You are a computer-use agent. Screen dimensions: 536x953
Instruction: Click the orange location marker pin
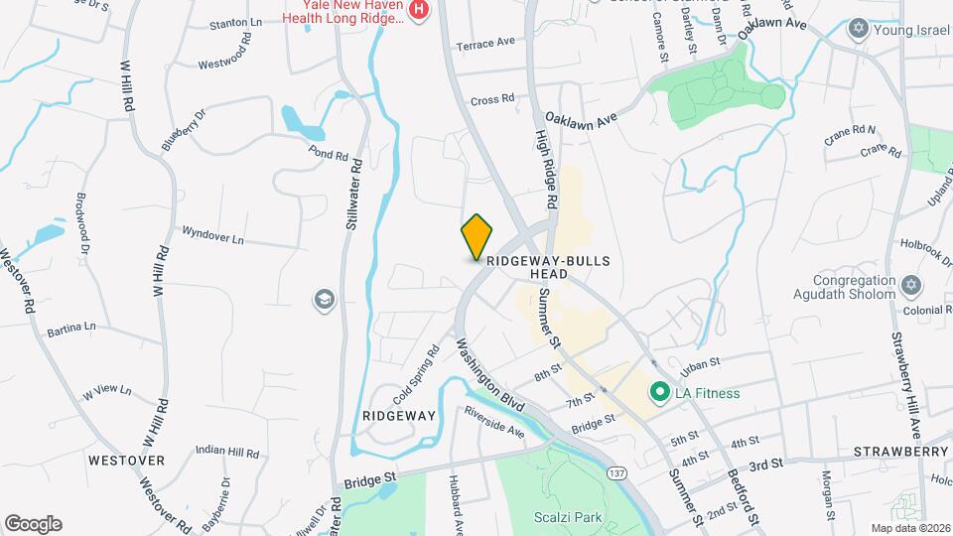click(x=476, y=236)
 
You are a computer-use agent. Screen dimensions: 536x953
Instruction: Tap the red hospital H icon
click(x=419, y=10)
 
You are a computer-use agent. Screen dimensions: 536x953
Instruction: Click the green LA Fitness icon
click(x=657, y=393)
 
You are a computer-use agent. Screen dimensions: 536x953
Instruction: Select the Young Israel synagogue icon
click(x=858, y=29)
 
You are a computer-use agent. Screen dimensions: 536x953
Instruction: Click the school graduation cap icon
click(x=324, y=298)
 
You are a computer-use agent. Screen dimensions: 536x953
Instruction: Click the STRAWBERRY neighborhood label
click(x=900, y=452)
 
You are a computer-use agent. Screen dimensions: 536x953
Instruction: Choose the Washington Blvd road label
click(x=489, y=378)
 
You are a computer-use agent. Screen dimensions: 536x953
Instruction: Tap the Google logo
click(x=33, y=523)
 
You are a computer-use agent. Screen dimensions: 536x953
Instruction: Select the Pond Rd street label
click(x=328, y=156)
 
